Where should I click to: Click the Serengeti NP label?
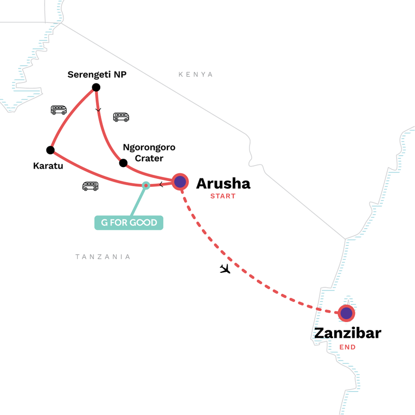point(98,75)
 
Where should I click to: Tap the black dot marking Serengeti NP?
point(95,87)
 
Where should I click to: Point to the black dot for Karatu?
point(50,150)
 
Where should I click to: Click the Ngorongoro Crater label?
point(149,153)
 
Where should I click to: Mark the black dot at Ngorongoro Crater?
point(123,163)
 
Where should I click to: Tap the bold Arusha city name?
point(223,183)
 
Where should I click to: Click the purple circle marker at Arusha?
point(180,182)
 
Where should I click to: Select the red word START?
point(223,197)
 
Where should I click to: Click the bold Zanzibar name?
point(347,333)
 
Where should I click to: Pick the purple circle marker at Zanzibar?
point(347,313)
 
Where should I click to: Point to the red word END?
point(347,347)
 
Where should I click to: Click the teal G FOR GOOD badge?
point(129,223)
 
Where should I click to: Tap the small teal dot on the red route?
point(146,185)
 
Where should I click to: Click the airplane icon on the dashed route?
point(225,269)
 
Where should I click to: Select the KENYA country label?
point(196,75)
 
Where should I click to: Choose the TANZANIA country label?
point(103,257)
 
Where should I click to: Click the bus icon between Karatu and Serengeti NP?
point(59,110)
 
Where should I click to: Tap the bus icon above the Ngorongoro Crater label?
point(121,117)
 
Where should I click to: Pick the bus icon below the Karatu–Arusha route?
point(90,186)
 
